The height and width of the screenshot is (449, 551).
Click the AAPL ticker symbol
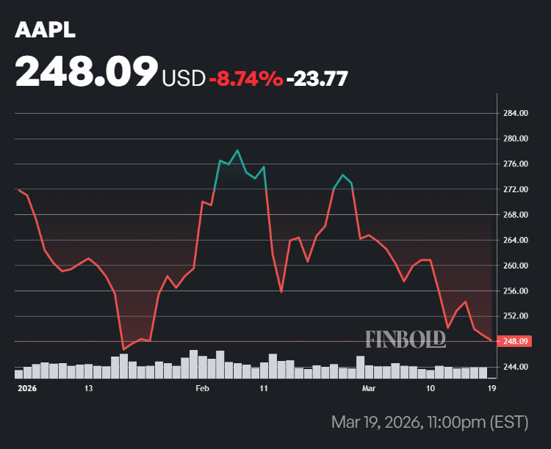coord(45,32)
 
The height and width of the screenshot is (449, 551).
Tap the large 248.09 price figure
coord(87,73)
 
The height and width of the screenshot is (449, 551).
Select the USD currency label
coord(184,77)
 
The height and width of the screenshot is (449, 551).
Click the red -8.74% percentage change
coord(246,77)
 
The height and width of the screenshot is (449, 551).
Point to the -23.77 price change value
coord(317,77)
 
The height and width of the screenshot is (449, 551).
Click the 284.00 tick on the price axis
coord(516,114)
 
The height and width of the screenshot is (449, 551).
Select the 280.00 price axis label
coord(516,139)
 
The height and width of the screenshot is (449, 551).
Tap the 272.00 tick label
coord(516,189)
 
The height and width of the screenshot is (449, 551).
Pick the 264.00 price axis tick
coord(516,240)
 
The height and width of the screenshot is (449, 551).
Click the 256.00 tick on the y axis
coord(516,291)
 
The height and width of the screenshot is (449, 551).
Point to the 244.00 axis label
coord(516,367)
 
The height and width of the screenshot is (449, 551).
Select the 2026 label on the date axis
coord(26,387)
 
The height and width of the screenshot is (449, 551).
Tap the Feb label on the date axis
coord(204,387)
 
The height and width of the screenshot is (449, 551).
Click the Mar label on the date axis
coord(368,387)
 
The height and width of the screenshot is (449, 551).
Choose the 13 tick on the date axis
coord(89,387)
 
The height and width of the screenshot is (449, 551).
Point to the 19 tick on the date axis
coord(491,387)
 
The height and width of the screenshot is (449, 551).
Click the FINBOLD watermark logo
coord(406,338)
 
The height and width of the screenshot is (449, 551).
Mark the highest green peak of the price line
coord(237,150)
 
